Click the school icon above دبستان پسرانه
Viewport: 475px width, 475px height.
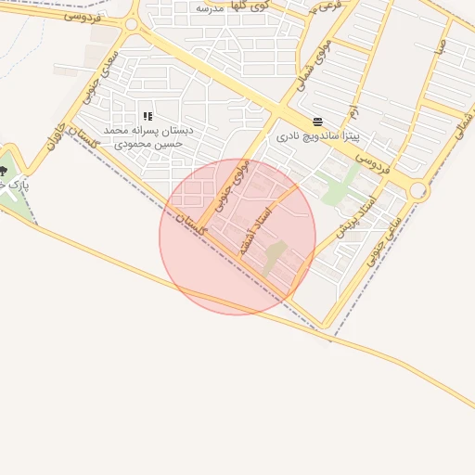coord(147,116)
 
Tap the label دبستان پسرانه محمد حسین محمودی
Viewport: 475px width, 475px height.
coord(148,137)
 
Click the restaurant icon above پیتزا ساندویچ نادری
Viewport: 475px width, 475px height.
coord(318,122)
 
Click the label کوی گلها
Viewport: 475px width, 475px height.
coord(253,7)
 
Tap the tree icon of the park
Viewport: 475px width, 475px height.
coord(3,171)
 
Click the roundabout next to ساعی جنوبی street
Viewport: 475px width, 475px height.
coord(418,192)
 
